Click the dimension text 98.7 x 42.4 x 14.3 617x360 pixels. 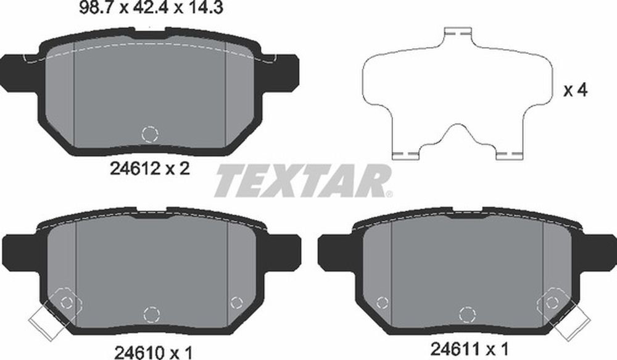point(151,7)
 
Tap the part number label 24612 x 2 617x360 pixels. point(150,169)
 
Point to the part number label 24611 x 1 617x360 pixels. point(470,349)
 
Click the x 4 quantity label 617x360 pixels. point(575,91)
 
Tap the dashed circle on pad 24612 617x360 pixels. point(150,135)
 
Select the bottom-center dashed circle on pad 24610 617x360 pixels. point(152,315)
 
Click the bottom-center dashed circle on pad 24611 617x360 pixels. point(468,314)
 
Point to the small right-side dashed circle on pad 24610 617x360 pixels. point(236,303)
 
